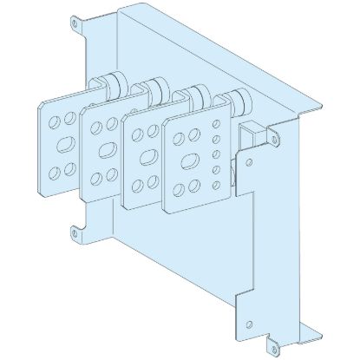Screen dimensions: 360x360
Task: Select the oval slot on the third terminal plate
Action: click(147, 155)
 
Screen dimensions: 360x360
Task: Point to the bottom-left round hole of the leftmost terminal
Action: click(49, 164)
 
